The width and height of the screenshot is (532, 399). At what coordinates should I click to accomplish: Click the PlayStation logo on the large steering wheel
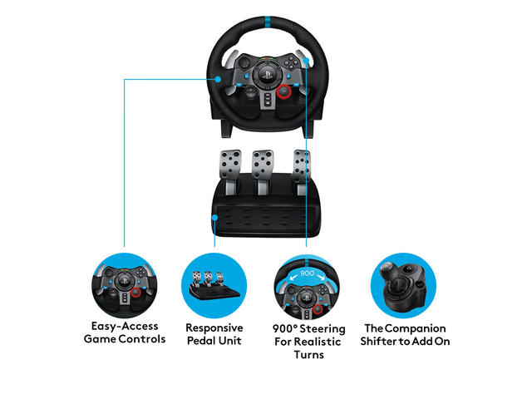[266, 74]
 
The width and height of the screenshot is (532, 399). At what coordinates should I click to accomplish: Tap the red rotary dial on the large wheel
[283, 91]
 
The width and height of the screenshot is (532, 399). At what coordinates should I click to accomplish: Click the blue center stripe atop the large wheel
[268, 22]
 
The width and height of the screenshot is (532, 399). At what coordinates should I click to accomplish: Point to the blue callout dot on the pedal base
[214, 218]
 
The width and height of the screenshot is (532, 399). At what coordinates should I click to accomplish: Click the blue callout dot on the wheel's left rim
[218, 80]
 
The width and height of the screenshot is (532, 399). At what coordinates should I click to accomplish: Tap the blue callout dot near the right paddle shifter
[307, 61]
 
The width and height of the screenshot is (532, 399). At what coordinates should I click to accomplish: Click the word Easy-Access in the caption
[125, 327]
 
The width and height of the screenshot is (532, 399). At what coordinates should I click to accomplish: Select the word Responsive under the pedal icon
[214, 328]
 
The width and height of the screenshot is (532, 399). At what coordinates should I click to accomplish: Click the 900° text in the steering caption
[284, 329]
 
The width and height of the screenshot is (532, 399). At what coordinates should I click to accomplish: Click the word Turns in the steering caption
[308, 355]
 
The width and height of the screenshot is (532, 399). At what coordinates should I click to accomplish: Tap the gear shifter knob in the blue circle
[388, 269]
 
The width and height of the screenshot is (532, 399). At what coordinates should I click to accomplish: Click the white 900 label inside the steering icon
[308, 273]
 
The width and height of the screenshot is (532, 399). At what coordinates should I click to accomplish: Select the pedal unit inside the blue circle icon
[214, 286]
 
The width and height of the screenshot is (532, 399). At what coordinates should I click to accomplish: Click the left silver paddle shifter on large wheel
[230, 58]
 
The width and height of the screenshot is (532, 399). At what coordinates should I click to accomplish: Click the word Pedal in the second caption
[202, 341]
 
